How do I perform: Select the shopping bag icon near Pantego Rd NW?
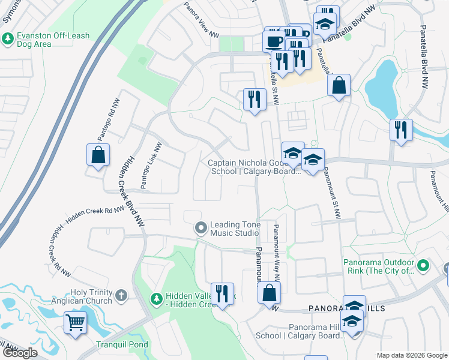[x=97, y=155]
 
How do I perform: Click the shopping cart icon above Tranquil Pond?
[x=75, y=322]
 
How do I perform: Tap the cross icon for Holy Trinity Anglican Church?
[x=121, y=295]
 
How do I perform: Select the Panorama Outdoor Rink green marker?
[x=423, y=265]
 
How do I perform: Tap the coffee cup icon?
[x=274, y=40]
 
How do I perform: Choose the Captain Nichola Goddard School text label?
[x=254, y=167]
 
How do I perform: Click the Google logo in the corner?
[x=20, y=353]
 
